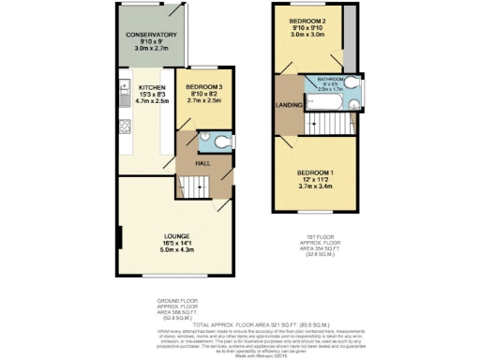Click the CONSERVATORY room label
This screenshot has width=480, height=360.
coord(152,34)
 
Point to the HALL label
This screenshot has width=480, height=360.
coord(201,162)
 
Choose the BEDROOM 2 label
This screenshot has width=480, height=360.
coord(307,21)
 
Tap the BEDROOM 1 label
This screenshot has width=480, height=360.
coord(316,172)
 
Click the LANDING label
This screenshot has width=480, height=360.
coord(288,116)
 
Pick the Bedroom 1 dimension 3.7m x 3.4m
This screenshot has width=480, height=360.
coord(316,187)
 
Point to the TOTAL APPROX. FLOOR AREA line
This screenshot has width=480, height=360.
coord(240,322)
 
